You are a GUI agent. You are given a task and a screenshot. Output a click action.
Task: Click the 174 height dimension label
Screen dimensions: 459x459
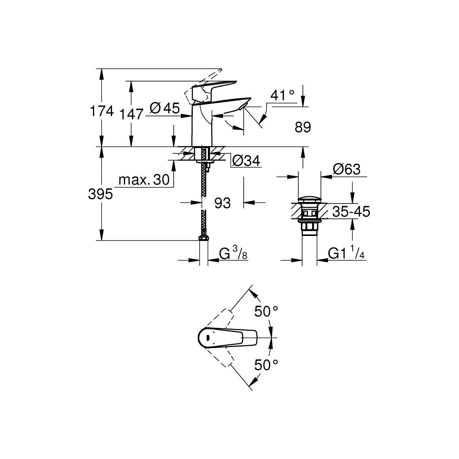tap(101, 112)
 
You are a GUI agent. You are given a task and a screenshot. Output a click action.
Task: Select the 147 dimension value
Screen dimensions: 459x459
tap(131, 114)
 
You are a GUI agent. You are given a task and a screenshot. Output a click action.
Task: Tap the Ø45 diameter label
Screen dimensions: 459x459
tap(164, 109)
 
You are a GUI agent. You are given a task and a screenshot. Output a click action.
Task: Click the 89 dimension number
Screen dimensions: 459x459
tap(303, 127)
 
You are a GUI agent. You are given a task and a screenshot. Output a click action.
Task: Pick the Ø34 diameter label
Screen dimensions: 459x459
tap(246, 161)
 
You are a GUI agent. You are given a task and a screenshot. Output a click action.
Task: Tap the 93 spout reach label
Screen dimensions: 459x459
tap(222, 203)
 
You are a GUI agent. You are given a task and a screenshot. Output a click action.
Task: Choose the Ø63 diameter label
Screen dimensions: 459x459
tap(347, 169)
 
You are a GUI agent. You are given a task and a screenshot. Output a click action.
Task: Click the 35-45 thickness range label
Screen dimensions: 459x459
tap(351, 212)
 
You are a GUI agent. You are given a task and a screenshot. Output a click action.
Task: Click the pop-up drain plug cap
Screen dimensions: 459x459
tap(309, 199)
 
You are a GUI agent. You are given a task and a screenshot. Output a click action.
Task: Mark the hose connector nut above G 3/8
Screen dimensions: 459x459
tap(203, 238)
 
